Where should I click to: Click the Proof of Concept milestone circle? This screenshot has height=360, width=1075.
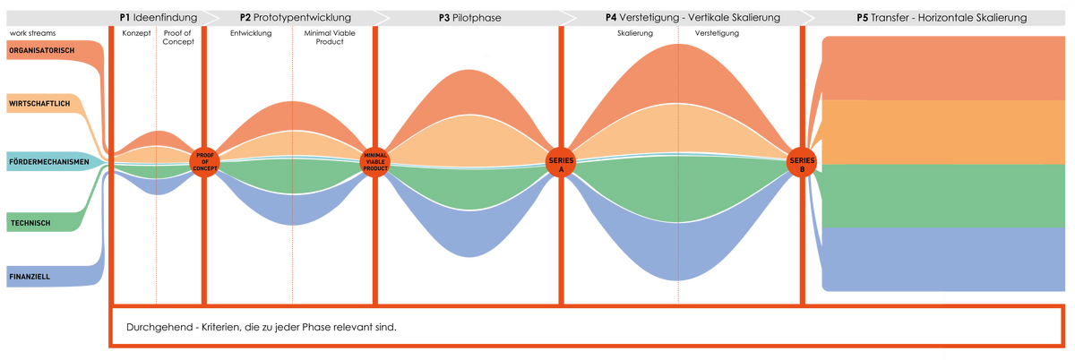[204, 162]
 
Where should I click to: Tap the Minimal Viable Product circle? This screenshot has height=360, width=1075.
[374, 162]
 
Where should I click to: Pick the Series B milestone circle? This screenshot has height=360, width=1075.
[802, 163]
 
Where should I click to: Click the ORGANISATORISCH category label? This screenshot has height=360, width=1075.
[41, 50]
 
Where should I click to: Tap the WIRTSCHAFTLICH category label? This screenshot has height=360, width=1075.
[39, 105]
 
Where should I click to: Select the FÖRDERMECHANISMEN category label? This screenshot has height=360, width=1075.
[47, 161]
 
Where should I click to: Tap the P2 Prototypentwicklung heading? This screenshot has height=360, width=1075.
[295, 17]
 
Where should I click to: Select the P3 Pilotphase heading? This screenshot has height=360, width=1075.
[469, 17]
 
